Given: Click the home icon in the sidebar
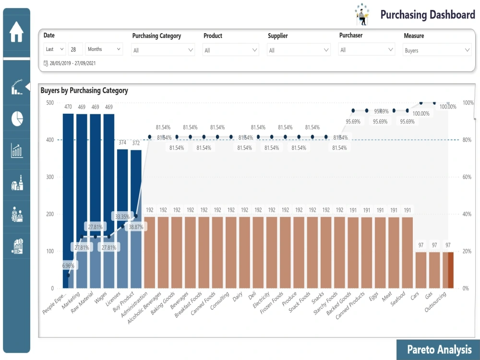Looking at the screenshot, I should coord(16,33).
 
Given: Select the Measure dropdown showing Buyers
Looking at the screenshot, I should coord(437,50).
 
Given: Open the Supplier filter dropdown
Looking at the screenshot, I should coord(299,50).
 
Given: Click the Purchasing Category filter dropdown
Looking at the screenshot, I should coord(163,50).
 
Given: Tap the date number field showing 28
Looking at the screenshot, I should coord(75,49).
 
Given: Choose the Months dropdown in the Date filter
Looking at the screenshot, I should coord(104,49).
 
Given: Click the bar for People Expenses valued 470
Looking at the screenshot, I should coord(68,192).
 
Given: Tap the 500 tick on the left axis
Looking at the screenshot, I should coord(50,103).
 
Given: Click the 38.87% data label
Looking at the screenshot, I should coord(135,227).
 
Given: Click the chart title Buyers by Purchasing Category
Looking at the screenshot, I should coord(84,90).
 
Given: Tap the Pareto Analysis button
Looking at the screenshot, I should coord(439,350).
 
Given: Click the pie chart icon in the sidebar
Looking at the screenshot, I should coord(17,119).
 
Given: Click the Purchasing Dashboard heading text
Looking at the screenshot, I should coord(427,15).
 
